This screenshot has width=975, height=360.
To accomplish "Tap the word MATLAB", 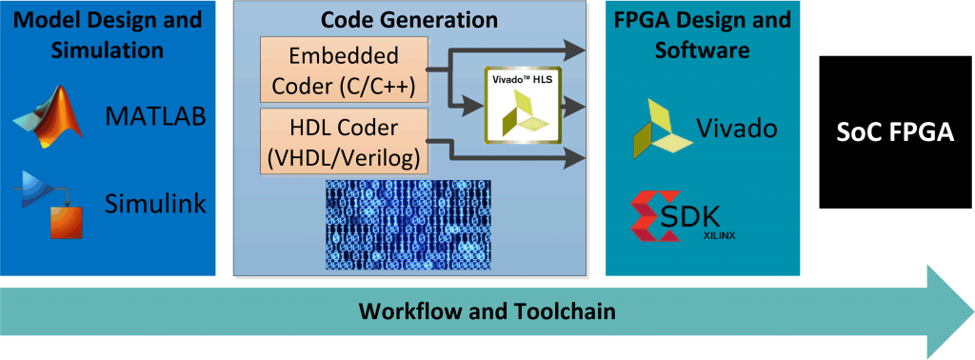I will coord(155,118).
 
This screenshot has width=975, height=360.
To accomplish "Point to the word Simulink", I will coord(155,202).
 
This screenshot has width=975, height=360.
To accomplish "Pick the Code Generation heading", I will coord(409,19).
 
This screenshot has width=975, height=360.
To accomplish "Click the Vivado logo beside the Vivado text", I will coord(663,128).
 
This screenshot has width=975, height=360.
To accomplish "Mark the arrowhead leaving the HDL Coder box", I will coord(576,159).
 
